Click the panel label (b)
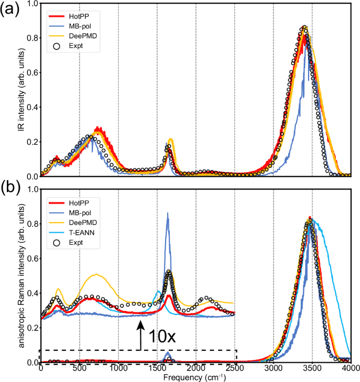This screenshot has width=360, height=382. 11,186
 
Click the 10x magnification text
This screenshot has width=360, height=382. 163,334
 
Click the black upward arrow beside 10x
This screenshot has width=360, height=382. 140,335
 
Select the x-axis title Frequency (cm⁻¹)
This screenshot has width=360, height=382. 195,378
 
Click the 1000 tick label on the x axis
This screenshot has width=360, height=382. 118,370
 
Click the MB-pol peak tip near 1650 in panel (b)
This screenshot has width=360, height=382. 168,213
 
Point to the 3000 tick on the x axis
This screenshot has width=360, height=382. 273,370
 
